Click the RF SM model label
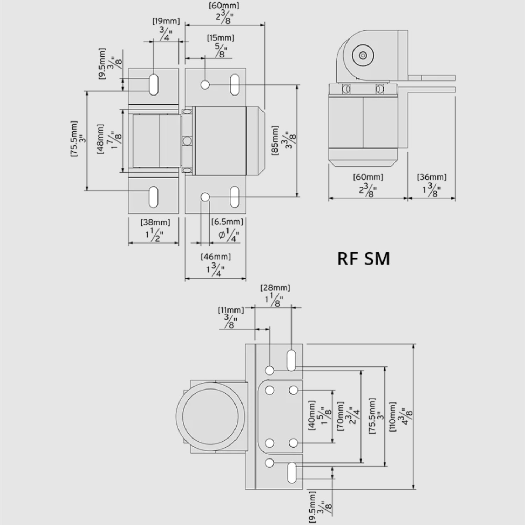[x=363, y=259]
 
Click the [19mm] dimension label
[x=166, y=21]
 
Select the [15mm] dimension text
[x=220, y=37]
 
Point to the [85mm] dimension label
[x=275, y=140]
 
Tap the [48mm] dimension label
[x=101, y=139]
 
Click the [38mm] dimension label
[x=155, y=222]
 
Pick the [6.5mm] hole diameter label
[x=227, y=222]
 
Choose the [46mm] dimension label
[x=216, y=257]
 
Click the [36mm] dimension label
[x=432, y=177]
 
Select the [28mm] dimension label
[x=275, y=288]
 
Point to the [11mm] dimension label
[x=231, y=310]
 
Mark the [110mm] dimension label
[x=393, y=416]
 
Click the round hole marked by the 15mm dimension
[x=205, y=84]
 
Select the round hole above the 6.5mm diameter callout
[x=205, y=197]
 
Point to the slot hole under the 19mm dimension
[x=153, y=84]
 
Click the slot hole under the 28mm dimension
[x=291, y=360]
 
